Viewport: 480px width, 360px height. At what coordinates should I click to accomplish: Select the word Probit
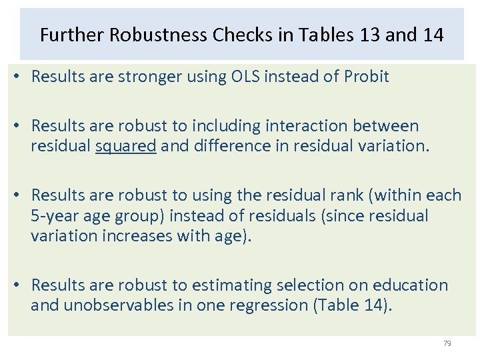click(x=366, y=77)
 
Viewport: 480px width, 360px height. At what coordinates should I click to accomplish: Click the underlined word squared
click(x=126, y=146)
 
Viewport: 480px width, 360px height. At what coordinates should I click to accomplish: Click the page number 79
click(x=447, y=343)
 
